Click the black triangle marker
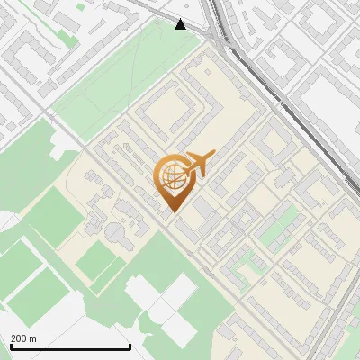[181, 24]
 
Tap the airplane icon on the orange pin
[197, 165]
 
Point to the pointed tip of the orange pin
[172, 211]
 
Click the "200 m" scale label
[23, 338]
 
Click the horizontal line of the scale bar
[69, 346]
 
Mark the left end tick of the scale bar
[9, 346]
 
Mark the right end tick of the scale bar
[130, 346]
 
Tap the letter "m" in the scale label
[32, 338]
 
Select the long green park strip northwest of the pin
[126, 81]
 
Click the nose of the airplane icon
[215, 154]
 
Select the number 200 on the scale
[18, 338]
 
